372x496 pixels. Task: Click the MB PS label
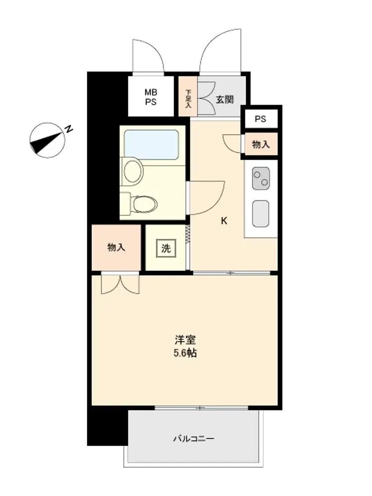click(151, 97)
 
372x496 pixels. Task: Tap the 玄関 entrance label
click(225, 100)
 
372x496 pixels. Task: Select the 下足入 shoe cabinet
click(188, 96)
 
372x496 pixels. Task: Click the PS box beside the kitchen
click(261, 119)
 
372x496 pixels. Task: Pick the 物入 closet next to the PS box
click(261, 144)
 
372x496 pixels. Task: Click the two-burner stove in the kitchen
click(261, 179)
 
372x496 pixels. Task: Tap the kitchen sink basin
click(261, 214)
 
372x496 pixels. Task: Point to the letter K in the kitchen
click(224, 221)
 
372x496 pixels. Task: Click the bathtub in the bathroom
click(151, 144)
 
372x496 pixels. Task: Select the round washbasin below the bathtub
click(133, 171)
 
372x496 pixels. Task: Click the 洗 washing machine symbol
click(166, 248)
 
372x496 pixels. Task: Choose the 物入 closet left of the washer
click(116, 248)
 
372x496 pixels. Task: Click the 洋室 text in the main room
click(186, 340)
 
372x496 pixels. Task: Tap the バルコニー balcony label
click(193, 439)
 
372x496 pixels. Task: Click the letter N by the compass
click(68, 129)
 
